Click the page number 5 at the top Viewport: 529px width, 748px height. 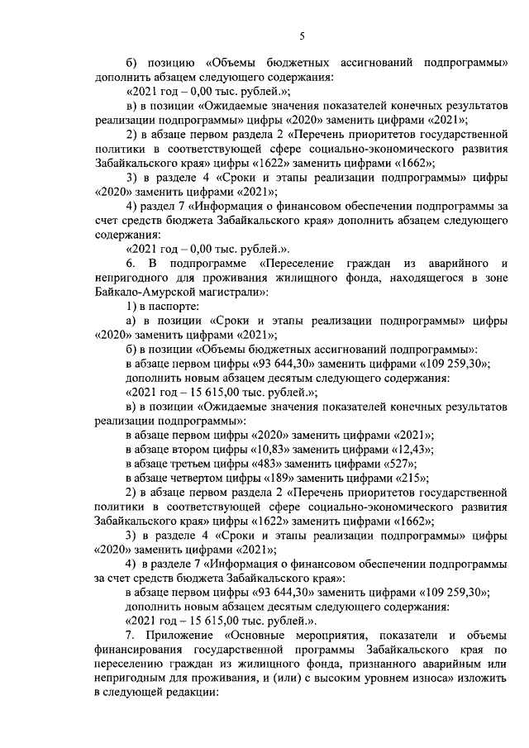pyautogui.click(x=302, y=35)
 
